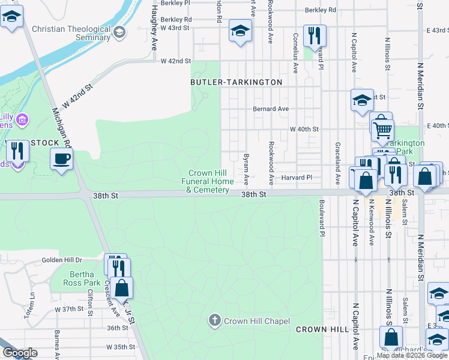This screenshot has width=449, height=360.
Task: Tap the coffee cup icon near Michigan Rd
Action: point(61,159)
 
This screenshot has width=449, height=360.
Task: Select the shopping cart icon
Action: point(382,128)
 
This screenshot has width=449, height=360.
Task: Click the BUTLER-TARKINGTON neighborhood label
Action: point(236,82)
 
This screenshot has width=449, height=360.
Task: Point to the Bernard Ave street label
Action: point(271,109)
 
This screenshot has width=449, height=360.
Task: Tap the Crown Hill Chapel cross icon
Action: point(215,320)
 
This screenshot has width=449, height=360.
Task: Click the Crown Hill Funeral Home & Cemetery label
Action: point(208,182)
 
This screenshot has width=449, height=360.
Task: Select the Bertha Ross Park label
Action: point(83,278)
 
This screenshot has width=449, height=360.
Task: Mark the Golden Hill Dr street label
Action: point(61,260)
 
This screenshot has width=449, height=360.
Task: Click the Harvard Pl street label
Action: point(297,178)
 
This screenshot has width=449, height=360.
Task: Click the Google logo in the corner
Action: point(19,353)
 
